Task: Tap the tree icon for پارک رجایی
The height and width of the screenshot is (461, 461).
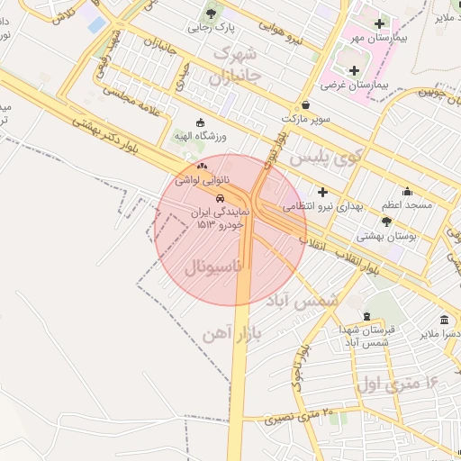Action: coord(212,13)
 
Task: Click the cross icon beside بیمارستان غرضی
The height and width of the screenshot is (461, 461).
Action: coord(353,70)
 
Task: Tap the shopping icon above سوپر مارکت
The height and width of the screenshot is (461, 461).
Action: coord(306,104)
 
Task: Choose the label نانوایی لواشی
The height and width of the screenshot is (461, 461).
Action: coord(200,180)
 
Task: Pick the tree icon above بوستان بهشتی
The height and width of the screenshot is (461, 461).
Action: coord(386,221)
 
